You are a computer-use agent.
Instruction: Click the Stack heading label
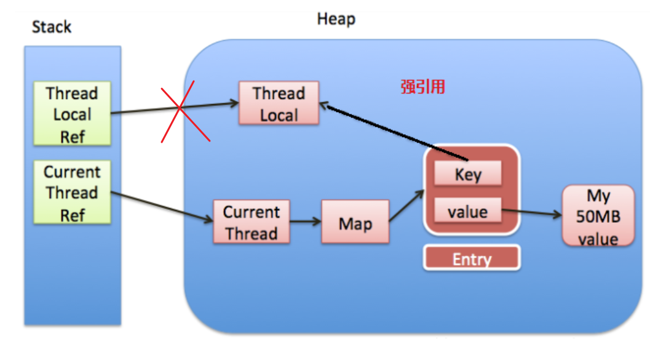click(52, 27)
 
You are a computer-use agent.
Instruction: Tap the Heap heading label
click(336, 19)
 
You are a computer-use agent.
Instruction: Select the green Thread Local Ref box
click(72, 114)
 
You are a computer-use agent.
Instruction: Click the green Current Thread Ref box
click(72, 193)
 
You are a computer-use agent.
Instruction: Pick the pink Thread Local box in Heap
click(279, 104)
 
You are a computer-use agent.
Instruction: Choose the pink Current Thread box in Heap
click(251, 222)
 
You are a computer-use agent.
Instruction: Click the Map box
click(355, 223)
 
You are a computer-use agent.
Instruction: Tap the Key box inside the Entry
click(467, 174)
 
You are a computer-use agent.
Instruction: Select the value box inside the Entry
click(467, 212)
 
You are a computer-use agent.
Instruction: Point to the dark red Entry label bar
click(472, 258)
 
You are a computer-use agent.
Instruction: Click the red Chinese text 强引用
click(422, 87)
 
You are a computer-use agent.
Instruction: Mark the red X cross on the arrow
click(180, 109)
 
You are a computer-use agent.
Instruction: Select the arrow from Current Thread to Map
click(306, 222)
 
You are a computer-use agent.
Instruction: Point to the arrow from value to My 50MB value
click(532, 214)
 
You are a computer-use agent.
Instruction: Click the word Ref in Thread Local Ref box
click(72, 135)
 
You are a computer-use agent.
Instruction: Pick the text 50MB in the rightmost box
click(598, 217)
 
